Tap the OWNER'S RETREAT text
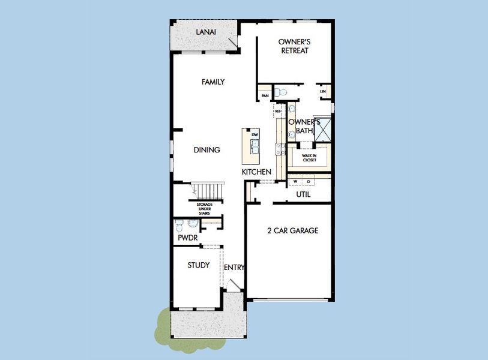(294, 46)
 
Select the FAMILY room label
(213, 82)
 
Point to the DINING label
(206, 150)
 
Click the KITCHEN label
(256, 172)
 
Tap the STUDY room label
(198, 265)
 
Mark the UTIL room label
(303, 194)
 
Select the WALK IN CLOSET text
(310, 157)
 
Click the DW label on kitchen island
(255, 134)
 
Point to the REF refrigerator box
(278, 111)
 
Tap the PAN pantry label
(264, 95)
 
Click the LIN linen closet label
(323, 91)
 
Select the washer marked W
(295, 181)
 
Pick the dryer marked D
(309, 181)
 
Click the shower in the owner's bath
(322, 129)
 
